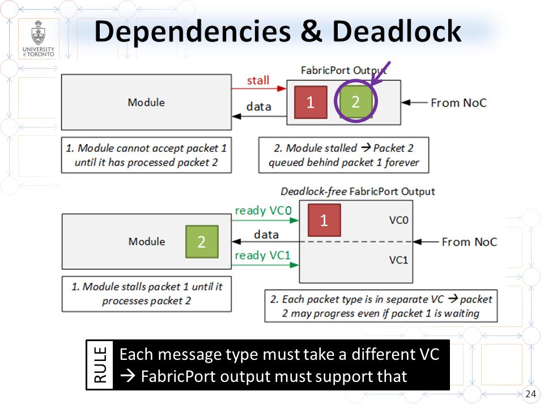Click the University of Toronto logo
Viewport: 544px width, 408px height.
coord(38,38)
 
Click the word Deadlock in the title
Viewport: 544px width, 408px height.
coord(397,31)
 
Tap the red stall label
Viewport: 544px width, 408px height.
coord(258,80)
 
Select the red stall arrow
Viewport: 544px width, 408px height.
coord(259,89)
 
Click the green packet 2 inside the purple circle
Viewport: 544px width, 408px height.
coord(356,101)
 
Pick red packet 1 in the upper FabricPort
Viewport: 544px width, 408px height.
coord(311,102)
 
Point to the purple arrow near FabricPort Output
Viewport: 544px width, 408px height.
coord(381,74)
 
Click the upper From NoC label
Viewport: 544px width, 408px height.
coord(458,103)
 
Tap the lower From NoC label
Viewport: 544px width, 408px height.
coord(469,242)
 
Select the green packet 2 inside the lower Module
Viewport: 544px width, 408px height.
coord(202,241)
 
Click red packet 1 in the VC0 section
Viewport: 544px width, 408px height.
coord(324,220)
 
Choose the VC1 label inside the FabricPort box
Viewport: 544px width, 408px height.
coord(398,260)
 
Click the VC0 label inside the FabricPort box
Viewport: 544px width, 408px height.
coord(398,220)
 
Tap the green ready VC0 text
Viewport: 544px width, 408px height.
coord(263,211)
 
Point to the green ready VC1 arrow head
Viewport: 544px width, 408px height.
coord(294,265)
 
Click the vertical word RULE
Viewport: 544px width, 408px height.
coord(100,364)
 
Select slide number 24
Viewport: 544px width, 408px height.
coord(530,394)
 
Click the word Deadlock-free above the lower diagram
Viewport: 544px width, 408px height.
coord(313,192)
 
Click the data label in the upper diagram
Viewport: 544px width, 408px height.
coord(259,107)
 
